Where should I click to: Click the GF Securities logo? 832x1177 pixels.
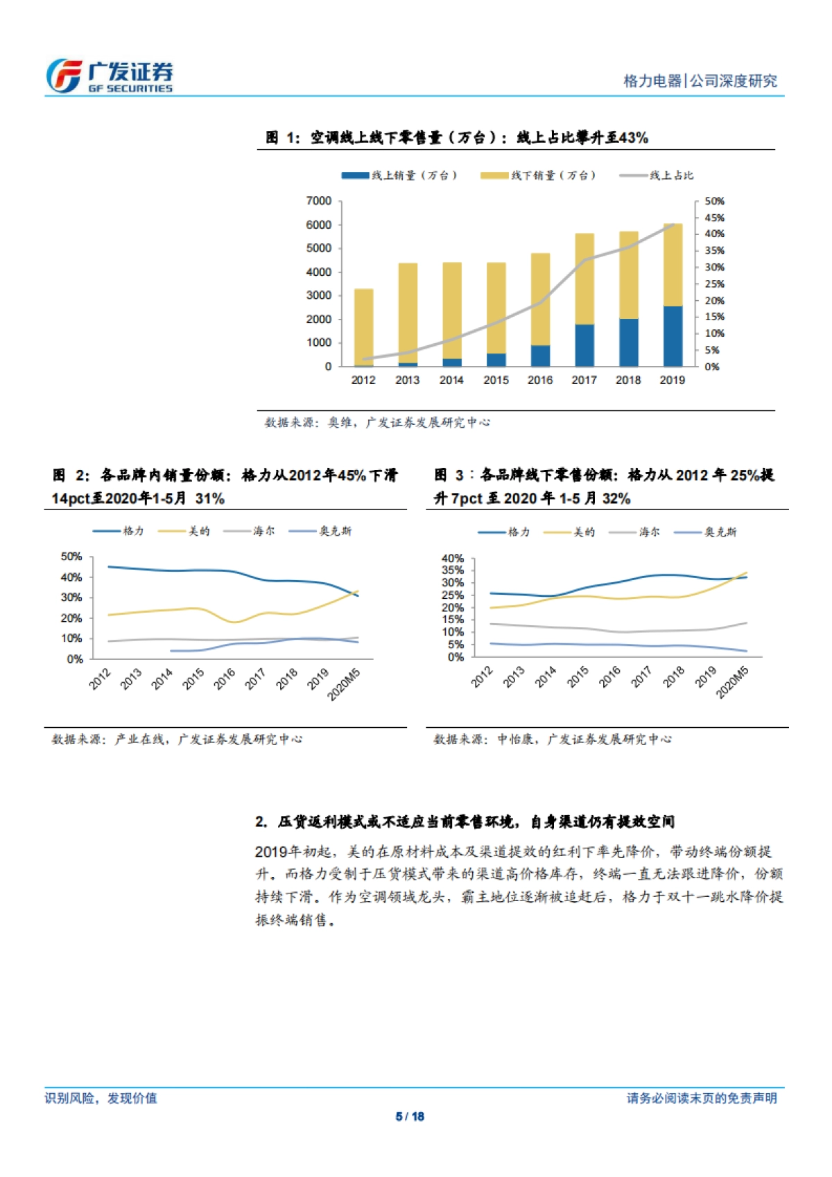click(x=109, y=76)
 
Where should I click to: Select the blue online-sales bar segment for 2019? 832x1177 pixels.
click(x=672, y=336)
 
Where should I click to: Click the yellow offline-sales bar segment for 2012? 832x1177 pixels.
click(x=363, y=326)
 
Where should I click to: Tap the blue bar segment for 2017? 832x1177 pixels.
click(x=584, y=345)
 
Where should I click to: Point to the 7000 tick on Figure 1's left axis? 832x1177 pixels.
click(x=319, y=201)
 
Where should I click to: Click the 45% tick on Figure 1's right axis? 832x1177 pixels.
click(x=714, y=218)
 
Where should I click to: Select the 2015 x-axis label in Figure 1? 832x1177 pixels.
click(x=496, y=380)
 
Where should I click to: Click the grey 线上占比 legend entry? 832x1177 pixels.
click(x=657, y=175)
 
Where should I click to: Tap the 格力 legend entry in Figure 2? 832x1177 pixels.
click(x=119, y=531)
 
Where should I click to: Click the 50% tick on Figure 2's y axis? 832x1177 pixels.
click(x=71, y=557)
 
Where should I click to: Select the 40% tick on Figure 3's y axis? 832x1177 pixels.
click(x=453, y=558)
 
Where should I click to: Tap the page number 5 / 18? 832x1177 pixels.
click(x=410, y=1116)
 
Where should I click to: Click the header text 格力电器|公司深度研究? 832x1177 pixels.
click(x=700, y=81)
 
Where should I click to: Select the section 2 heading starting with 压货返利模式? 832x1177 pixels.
click(x=465, y=821)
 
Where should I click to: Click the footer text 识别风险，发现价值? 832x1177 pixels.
click(x=101, y=1098)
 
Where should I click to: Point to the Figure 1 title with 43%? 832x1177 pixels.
click(x=458, y=137)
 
